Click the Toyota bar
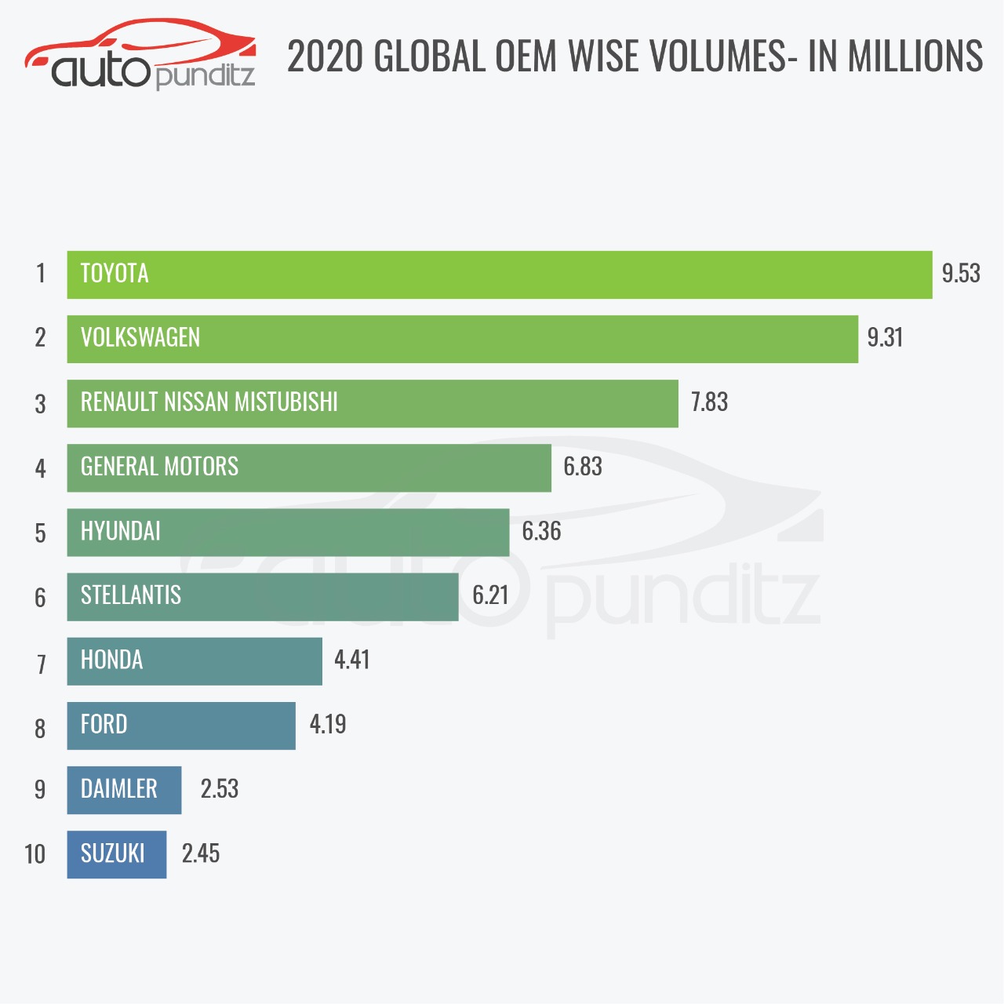(499, 275)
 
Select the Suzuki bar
(116, 854)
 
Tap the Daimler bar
(124, 790)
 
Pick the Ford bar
(180, 726)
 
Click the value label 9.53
(961, 274)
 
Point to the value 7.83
(709, 402)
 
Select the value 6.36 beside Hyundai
(541, 532)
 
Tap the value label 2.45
(201, 853)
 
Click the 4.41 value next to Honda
(351, 660)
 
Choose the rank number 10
(35, 854)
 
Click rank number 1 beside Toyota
(41, 274)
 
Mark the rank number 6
(41, 598)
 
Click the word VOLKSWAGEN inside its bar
(140, 338)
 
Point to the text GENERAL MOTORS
(159, 467)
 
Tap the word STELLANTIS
(131, 595)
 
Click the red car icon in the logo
(141, 43)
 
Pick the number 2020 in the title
(326, 56)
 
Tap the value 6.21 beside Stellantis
(490, 595)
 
